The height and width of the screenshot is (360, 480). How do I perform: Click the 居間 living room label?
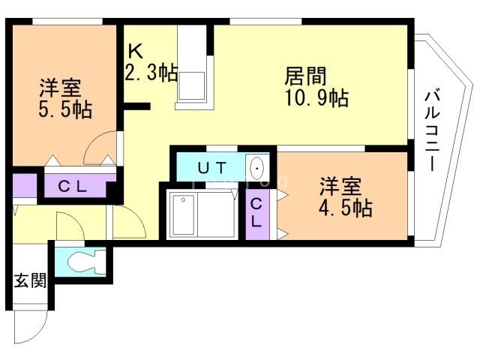305,76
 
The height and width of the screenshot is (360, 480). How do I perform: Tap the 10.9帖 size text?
316,98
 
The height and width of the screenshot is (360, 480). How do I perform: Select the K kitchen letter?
135,51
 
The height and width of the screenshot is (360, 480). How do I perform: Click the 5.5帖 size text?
65,109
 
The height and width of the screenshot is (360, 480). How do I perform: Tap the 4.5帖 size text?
346,208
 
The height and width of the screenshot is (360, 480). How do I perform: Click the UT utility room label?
211,168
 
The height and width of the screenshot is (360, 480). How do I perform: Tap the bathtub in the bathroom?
183,215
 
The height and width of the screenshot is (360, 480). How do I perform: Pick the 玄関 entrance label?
30,280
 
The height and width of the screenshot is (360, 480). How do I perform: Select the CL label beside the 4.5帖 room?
256,212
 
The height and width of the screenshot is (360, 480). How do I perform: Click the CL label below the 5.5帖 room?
73,186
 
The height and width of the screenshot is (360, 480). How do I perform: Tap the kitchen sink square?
192,86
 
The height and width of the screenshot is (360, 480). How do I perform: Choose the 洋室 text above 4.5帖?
340,186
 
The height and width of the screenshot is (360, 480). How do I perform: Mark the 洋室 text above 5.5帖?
60,88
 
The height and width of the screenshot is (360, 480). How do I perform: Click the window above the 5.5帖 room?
67,22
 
